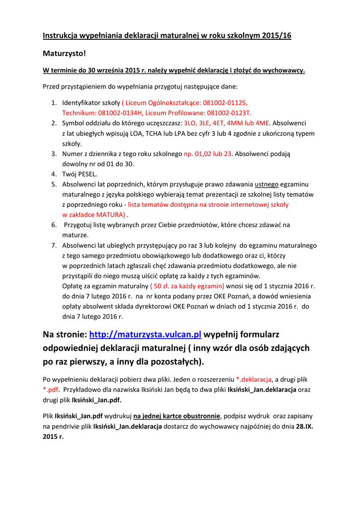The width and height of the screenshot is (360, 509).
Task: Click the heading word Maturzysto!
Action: coord(64,53)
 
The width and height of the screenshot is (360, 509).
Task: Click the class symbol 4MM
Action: coord(234,123)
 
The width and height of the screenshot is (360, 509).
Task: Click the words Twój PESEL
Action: coord(80,174)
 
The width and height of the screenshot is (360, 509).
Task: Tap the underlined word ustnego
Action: coord(267,184)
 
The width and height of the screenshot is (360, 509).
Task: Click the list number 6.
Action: coord(54,225)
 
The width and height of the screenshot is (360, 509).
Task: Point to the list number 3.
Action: coord(54,154)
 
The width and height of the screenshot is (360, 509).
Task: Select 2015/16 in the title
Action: coord(273,35)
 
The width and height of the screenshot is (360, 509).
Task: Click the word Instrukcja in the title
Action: coord(61,35)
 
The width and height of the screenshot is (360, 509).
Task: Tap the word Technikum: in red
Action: coord(80,113)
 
